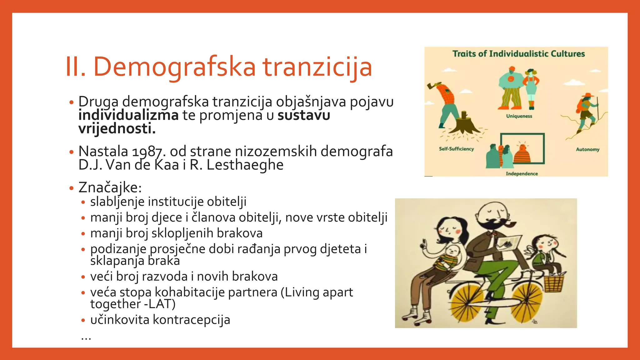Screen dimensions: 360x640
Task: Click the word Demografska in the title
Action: tap(174, 67)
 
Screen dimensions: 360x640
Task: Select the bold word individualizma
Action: tap(128, 115)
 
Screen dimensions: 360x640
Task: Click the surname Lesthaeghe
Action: tap(245, 165)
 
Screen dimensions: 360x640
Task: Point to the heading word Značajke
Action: tap(110, 188)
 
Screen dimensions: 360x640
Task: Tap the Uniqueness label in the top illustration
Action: tap(519, 116)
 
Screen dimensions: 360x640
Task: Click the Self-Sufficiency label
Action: tap(456, 149)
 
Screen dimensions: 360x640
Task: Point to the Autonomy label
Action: tap(587, 150)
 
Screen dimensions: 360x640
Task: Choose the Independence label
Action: tap(522, 174)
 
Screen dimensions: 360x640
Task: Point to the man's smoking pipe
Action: tap(509, 226)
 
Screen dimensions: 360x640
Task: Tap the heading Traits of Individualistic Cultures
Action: tap(518, 54)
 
